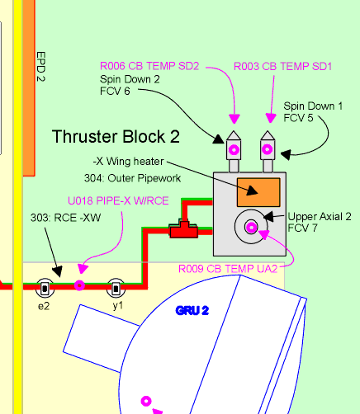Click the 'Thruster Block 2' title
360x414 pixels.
click(x=116, y=137)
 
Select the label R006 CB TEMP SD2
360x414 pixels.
click(x=149, y=66)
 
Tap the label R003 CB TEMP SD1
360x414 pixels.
click(x=282, y=66)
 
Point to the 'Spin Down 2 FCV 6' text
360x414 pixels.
click(x=130, y=85)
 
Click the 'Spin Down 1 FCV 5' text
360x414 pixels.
click(x=313, y=111)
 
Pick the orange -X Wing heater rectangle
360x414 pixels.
click(x=258, y=192)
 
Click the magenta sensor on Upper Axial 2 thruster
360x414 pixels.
click(x=251, y=228)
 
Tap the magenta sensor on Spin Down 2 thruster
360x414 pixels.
click(x=234, y=150)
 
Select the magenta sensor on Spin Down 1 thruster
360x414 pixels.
click(x=268, y=149)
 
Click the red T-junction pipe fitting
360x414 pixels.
click(x=184, y=229)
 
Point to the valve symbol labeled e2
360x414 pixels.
click(x=45, y=289)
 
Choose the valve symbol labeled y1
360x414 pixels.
click(x=116, y=289)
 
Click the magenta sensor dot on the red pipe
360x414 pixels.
click(x=79, y=285)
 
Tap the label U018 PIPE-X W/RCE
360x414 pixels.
click(x=118, y=200)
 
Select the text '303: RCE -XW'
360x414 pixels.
click(x=65, y=218)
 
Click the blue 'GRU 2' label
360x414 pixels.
click(x=192, y=311)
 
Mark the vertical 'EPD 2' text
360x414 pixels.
click(x=40, y=67)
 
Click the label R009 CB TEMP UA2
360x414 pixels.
click(x=228, y=269)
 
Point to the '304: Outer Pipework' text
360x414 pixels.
click(x=132, y=178)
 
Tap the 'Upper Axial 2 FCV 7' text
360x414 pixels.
click(x=320, y=222)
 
